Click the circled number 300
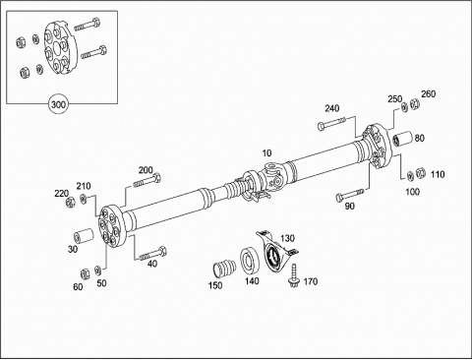tap(59, 104)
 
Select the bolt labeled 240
tap(331, 124)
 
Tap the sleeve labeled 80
tap(402, 139)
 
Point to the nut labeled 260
tap(415, 104)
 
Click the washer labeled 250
tap(404, 107)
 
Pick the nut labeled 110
tap(421, 173)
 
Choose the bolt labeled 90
tap(350, 195)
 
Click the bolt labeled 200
tap(147, 181)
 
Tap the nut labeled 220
tap(70, 202)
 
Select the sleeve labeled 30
tap(84, 237)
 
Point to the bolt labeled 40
tap(152, 254)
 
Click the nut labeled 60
tap(85, 273)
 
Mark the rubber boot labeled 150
tap(224, 269)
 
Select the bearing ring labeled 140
tap(250, 262)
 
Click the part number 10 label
tap(266, 153)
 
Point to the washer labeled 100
tap(410, 176)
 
